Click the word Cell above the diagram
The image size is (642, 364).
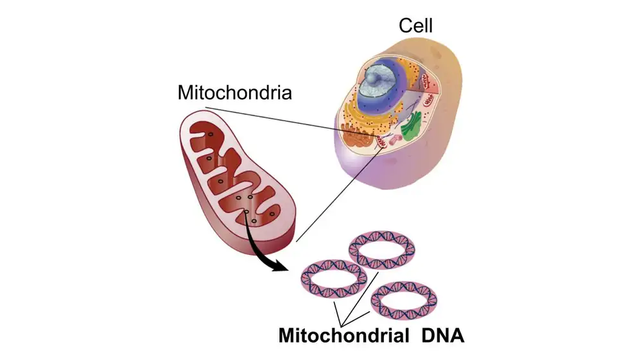(415, 25)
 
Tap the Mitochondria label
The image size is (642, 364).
(234, 92)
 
